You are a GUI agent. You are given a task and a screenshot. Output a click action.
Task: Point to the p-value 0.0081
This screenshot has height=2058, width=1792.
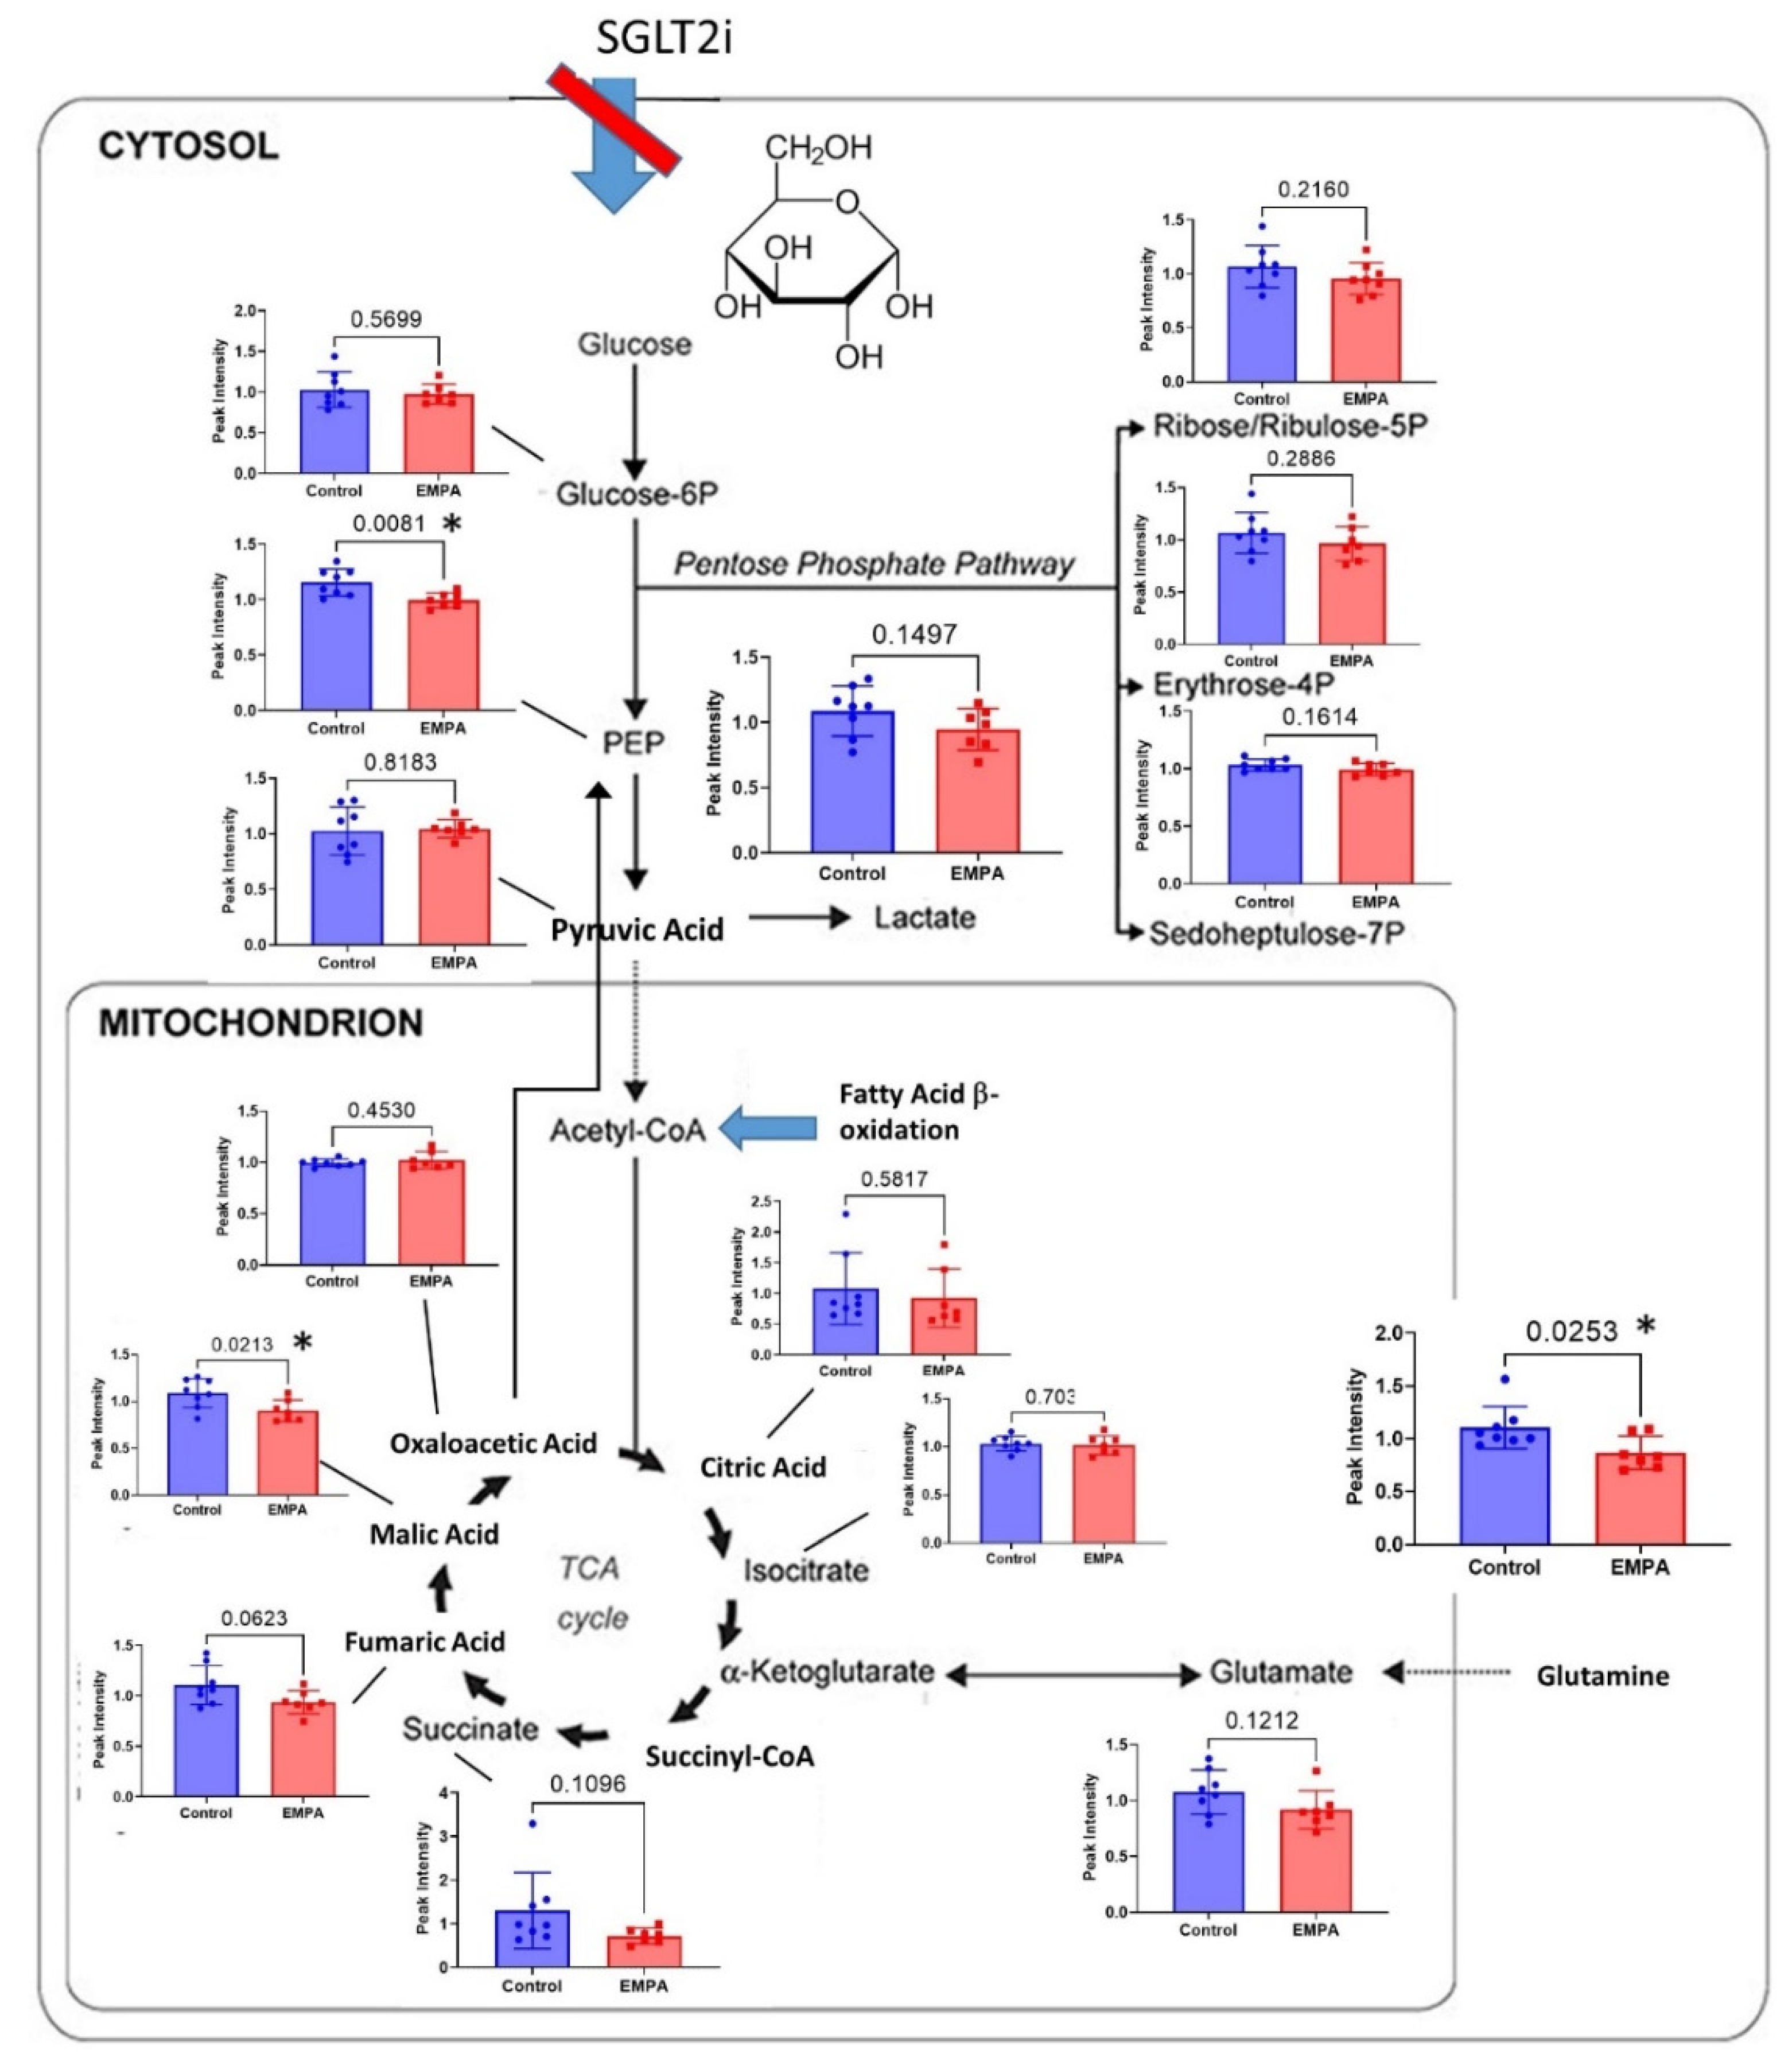tap(389, 523)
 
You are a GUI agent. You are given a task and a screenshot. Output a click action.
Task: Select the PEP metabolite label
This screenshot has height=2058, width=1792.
tap(633, 742)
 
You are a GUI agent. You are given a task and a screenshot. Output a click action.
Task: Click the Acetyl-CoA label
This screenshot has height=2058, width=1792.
tap(627, 1131)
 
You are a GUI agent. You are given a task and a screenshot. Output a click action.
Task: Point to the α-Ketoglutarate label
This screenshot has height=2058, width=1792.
tap(827, 1671)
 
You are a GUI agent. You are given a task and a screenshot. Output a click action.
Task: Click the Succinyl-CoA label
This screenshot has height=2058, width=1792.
tap(729, 1756)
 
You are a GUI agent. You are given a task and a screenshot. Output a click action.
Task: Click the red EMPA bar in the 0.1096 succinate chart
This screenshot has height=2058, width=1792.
tap(643, 1950)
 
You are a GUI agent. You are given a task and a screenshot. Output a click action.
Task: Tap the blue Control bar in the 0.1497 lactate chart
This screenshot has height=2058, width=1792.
tap(852, 782)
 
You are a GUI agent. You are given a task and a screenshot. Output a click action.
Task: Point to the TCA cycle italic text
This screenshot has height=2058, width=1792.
tap(592, 1592)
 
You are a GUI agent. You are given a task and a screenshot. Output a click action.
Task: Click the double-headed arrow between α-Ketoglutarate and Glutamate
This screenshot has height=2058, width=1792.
tap(1071, 1673)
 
